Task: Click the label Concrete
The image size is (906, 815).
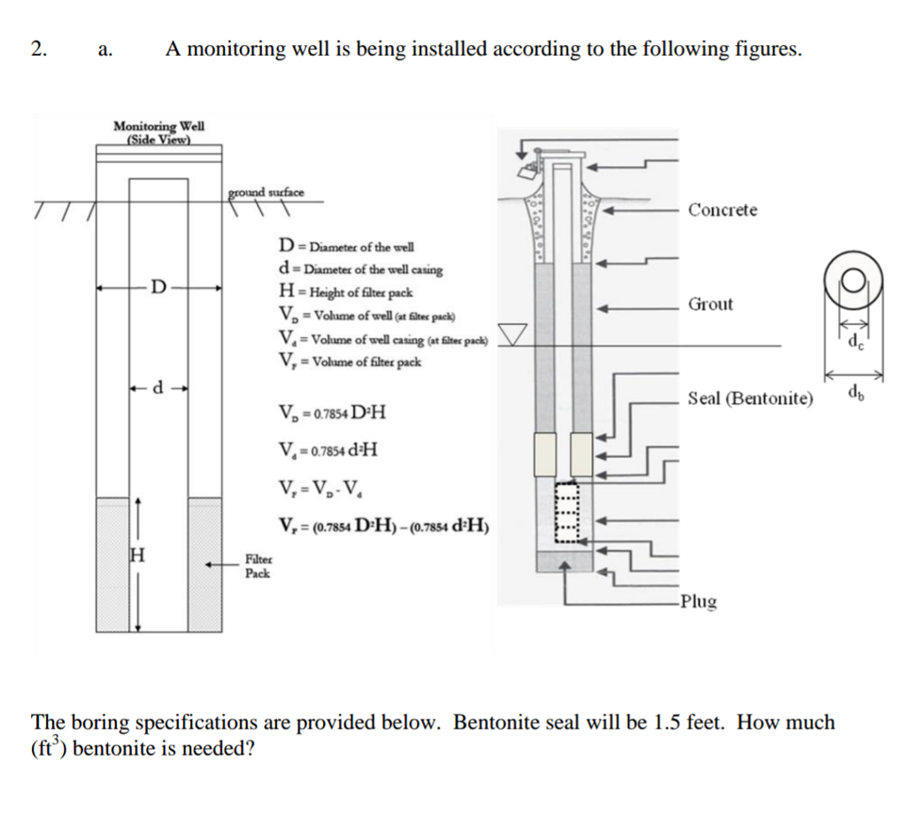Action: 723,210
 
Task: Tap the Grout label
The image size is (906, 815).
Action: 710,305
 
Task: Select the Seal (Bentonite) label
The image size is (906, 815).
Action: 749,399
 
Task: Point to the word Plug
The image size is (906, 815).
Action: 699,602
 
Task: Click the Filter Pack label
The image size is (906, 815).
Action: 257,567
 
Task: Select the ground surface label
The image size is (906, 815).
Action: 266,191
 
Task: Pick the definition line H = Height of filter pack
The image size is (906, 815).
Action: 346,293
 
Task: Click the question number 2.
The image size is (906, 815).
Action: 37,49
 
